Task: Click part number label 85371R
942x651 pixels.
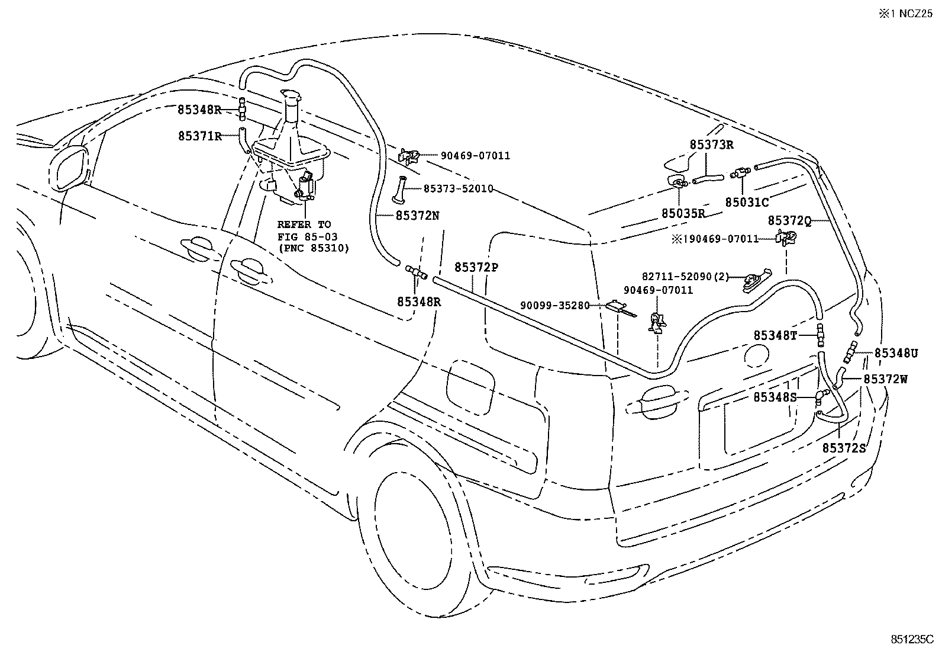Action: coord(199,136)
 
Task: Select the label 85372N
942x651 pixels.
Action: coord(417,216)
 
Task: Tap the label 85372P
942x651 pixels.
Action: coord(476,267)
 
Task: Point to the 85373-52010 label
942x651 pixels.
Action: coord(459,188)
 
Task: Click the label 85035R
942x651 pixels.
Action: coord(683,213)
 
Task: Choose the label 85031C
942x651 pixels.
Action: coord(747,202)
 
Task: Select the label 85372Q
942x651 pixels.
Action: coord(789,220)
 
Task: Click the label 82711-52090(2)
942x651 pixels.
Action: coord(686,276)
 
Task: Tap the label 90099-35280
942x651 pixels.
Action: coord(555,305)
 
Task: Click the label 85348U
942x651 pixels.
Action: coord(896,353)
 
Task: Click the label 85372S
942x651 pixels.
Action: coord(844,448)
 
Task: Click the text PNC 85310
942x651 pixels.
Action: coord(314,248)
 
